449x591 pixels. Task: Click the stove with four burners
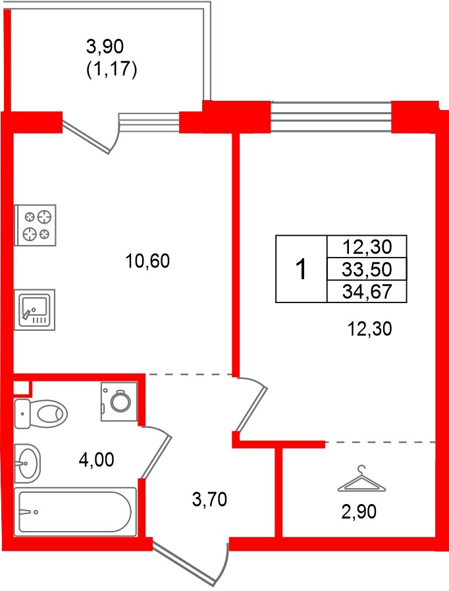click(x=35, y=225)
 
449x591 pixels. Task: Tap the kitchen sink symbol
click(x=35, y=310)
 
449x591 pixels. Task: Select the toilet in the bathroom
click(x=41, y=414)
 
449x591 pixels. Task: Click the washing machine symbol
click(x=119, y=401)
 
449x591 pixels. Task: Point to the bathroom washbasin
click(x=27, y=463)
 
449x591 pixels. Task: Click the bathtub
click(x=75, y=512)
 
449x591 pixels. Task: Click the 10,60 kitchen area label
click(x=147, y=261)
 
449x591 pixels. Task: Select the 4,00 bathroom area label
click(x=96, y=460)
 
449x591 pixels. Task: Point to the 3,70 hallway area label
click(x=209, y=500)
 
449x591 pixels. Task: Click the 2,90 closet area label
click(x=359, y=512)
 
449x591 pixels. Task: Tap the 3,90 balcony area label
click(x=105, y=47)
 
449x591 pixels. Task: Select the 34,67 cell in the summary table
click(x=367, y=291)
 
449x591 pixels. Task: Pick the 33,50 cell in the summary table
click(x=367, y=269)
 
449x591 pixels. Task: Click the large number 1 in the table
click(x=301, y=269)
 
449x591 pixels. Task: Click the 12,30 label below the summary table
click(x=369, y=329)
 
